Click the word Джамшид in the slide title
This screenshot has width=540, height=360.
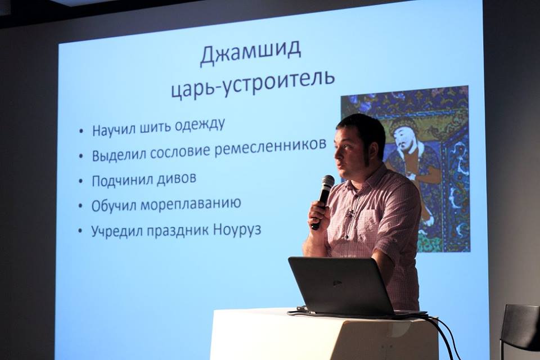[251, 54]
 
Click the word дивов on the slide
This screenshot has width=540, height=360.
[176, 179]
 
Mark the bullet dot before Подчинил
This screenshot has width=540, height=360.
[81, 181]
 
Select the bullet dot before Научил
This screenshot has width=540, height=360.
[81, 131]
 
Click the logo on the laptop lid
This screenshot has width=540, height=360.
[337, 283]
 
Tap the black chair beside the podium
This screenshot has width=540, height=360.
[520, 330]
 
